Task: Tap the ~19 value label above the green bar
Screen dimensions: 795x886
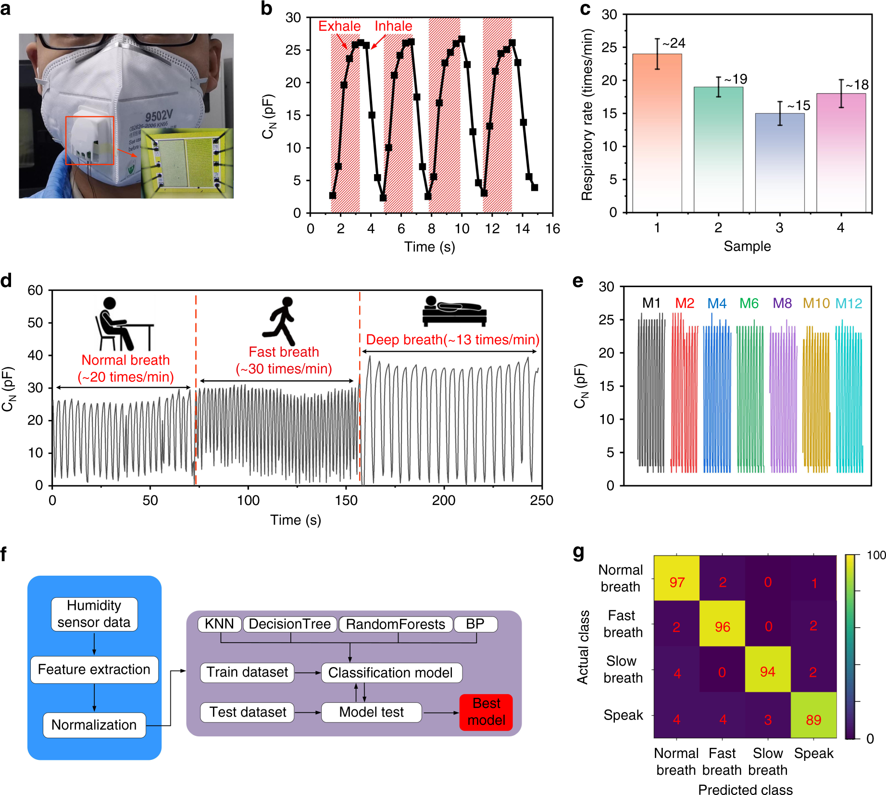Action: click(736, 79)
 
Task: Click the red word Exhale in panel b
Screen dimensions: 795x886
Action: click(339, 26)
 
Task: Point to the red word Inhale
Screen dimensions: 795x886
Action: click(393, 26)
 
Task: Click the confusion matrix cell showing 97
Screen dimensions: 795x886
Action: click(676, 582)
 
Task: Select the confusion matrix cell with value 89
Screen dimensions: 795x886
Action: click(813, 720)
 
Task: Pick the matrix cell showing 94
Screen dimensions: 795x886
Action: click(768, 672)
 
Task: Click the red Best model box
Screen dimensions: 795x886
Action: click(486, 712)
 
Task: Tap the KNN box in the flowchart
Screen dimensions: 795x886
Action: click(219, 624)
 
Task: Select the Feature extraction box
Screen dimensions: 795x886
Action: click(94, 669)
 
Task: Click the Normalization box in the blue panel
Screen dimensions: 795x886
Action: click(94, 725)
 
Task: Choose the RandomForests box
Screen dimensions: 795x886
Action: click(396, 624)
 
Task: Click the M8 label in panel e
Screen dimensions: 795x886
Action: click(782, 303)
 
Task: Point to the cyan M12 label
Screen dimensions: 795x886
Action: click(849, 303)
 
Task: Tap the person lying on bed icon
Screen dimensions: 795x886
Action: click(454, 312)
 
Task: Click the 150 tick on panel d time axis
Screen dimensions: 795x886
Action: click(346, 500)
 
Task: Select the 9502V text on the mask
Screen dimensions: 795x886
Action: click(159, 116)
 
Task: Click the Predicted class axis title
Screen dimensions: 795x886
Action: click(745, 790)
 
